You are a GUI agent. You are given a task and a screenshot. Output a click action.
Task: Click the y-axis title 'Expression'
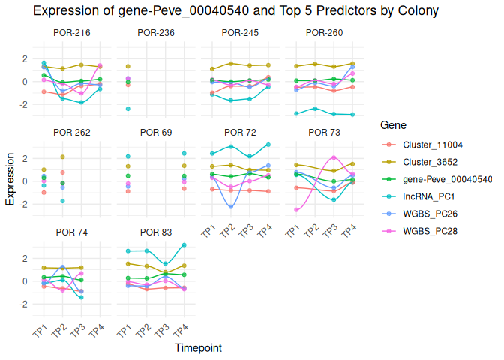coord(10,180)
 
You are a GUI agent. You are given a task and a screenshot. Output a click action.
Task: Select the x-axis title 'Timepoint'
coord(198,348)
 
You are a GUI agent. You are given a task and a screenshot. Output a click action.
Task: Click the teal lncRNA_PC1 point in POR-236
coord(128,109)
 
